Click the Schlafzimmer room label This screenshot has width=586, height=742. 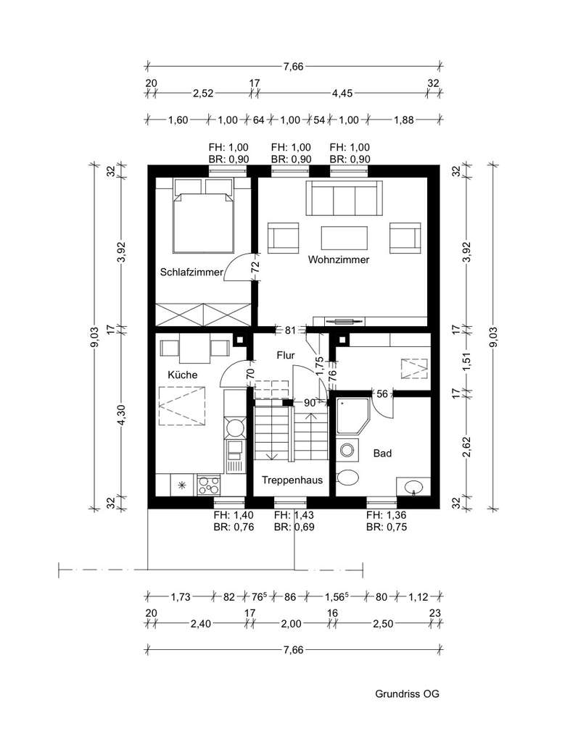191,272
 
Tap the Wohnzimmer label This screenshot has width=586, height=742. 338,259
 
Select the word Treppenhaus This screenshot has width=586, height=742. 292,480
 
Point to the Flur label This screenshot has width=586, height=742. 285,355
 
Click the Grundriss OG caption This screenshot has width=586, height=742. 407,693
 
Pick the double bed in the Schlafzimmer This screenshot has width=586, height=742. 204,215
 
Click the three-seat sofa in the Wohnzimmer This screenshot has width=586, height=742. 344,198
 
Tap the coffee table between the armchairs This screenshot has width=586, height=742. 344,238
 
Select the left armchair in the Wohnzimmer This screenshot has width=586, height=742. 284,237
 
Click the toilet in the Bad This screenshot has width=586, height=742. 349,478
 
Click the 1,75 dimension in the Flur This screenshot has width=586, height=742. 318,363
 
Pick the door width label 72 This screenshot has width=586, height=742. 255,266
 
